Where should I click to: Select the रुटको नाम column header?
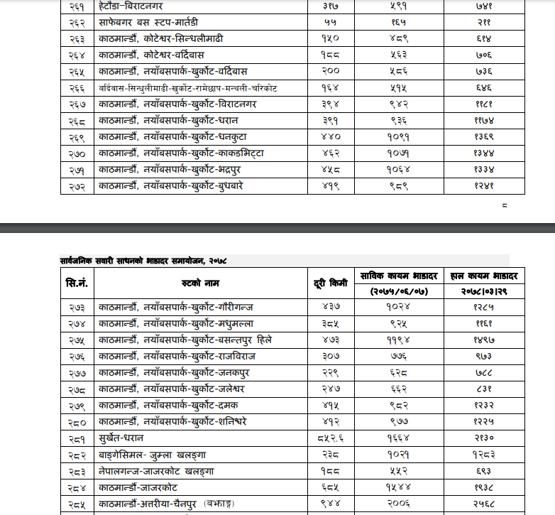(201, 283)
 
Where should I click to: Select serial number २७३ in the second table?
(77, 307)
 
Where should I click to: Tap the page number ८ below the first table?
(504, 207)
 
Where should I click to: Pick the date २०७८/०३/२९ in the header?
(483, 291)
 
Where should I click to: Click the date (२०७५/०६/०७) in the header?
(400, 291)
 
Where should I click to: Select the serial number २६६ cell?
(77, 87)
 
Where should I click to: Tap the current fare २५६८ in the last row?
(483, 504)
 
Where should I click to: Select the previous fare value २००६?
(400, 504)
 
